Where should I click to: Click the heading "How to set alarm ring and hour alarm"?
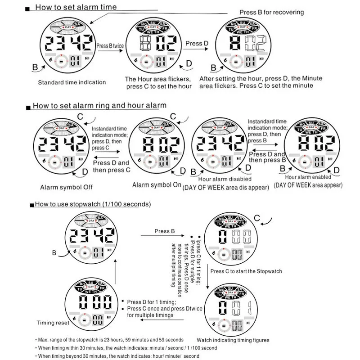[x=99, y=106]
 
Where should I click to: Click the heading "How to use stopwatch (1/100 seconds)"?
[x=93, y=204]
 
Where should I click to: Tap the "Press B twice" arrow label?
[x=110, y=45]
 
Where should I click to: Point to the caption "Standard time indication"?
[x=72, y=82]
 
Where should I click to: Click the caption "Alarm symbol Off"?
[x=63, y=187]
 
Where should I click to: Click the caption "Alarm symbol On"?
[x=157, y=185]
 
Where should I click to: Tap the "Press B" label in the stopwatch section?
[x=165, y=231]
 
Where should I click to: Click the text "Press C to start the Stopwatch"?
[x=246, y=271]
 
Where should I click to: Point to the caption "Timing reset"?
[x=53, y=323]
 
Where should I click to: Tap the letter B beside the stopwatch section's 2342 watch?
[x=54, y=253]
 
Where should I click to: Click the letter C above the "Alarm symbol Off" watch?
[x=80, y=116]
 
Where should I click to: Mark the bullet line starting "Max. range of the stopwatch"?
[x=110, y=339]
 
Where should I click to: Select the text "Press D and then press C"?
[x=112, y=166]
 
